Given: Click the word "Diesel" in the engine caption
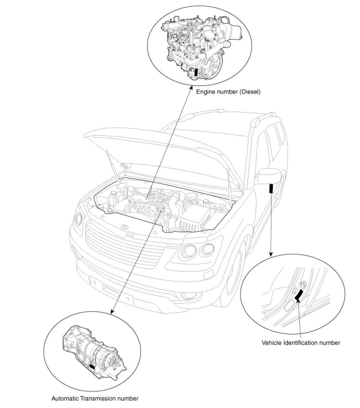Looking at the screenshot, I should coord(248,92).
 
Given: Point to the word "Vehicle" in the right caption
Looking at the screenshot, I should coord(271,343).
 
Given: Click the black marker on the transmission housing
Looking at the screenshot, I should coord(92,366).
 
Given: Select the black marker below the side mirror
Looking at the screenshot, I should coord(271,189).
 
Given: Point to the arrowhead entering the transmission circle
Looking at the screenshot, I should coord(112,312).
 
